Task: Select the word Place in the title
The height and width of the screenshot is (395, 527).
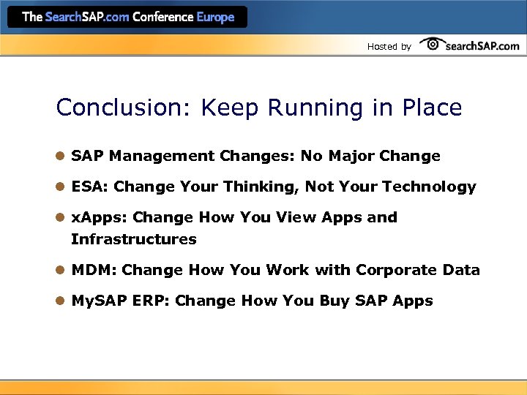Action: click(x=432, y=108)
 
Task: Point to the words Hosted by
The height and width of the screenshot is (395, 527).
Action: click(x=389, y=47)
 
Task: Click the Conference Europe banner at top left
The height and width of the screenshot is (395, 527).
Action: click(x=127, y=17)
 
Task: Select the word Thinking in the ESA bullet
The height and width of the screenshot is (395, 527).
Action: click(x=261, y=187)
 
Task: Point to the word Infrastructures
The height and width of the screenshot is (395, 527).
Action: click(x=134, y=239)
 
